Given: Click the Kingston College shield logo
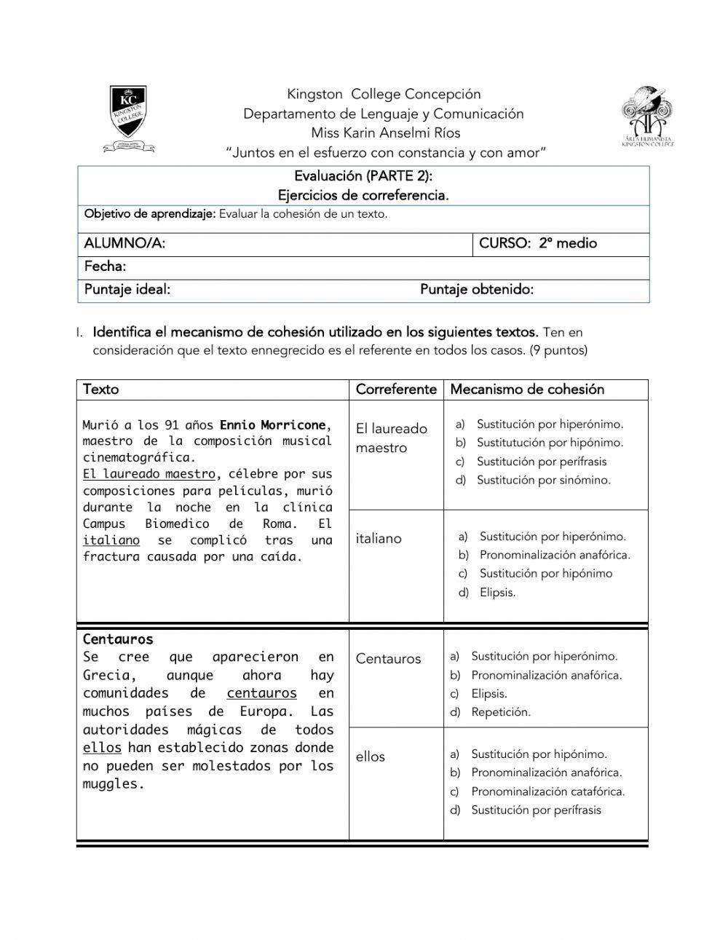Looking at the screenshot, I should click(129, 116).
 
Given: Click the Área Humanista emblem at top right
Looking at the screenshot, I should click(646, 115).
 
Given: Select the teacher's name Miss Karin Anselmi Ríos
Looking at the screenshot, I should click(385, 133).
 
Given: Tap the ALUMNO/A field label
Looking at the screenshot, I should click(124, 244).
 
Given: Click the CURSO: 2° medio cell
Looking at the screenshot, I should click(537, 244).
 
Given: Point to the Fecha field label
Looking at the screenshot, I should click(105, 266).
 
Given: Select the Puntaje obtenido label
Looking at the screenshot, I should click(476, 290).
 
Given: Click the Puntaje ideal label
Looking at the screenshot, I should click(127, 290).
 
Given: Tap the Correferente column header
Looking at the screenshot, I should click(395, 390).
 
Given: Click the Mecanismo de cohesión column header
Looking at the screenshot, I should click(527, 390).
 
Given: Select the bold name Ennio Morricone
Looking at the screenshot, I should click(272, 424).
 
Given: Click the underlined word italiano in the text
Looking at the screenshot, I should click(111, 540).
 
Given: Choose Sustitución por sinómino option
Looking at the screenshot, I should click(543, 480).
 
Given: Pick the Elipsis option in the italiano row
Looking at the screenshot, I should click(497, 593).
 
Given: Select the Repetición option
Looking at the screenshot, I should click(500, 712).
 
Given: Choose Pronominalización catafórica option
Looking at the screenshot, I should click(547, 791).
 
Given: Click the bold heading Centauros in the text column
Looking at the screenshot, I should click(118, 639).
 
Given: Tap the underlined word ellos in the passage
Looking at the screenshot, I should click(102, 748).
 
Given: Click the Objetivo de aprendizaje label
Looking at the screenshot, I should click(150, 214).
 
